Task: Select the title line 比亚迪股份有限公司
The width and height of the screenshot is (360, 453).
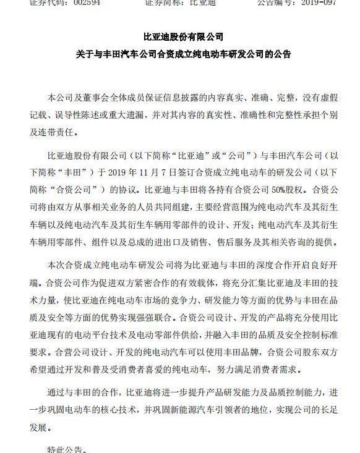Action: (179, 36)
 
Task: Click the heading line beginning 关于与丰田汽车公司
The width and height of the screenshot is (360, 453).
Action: (179, 54)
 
